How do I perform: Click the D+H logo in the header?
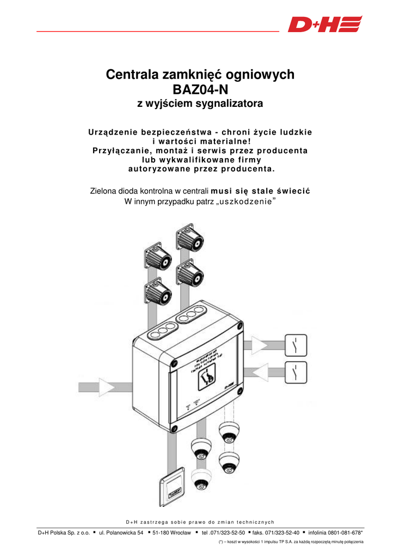pyautogui.click(x=325, y=25)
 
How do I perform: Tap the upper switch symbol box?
pyautogui.click(x=295, y=345)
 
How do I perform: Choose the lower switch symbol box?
pyautogui.click(x=295, y=373)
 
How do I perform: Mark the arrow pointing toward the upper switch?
pyautogui.click(x=258, y=345)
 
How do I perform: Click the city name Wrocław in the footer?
pyautogui.click(x=176, y=532)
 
